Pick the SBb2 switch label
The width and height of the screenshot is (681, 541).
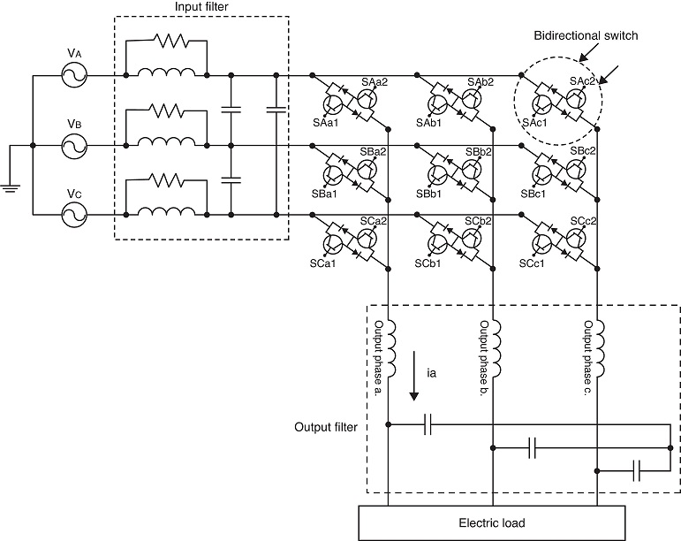tap(479, 152)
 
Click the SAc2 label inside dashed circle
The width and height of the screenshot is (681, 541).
tap(581, 80)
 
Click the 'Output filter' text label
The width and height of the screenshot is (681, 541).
tap(326, 427)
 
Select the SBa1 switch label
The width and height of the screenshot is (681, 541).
tap(326, 194)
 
